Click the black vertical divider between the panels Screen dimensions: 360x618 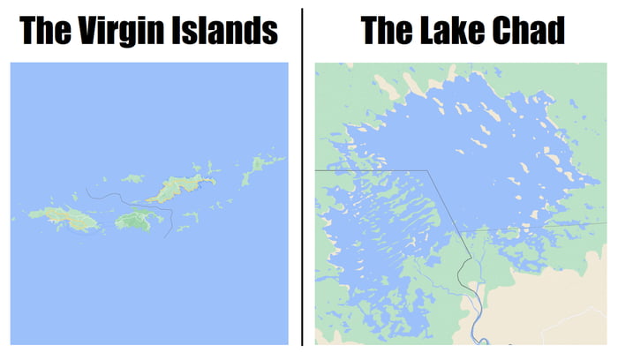pyautogui.click(x=302, y=176)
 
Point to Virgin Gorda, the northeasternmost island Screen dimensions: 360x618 pyautogui.click(x=263, y=164)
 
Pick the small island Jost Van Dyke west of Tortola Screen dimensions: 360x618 pyautogui.click(x=132, y=179)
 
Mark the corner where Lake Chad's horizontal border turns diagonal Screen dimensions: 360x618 pyautogui.click(x=427, y=171)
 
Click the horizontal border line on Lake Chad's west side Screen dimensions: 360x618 pyautogui.click(x=371, y=171)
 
